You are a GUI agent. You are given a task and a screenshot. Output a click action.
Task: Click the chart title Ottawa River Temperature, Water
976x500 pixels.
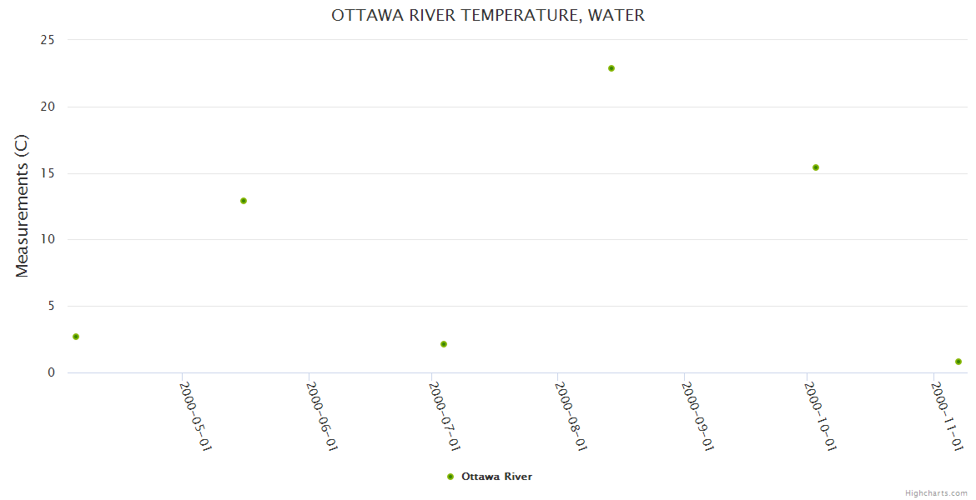click(488, 15)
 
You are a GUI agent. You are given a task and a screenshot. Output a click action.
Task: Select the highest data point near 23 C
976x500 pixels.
click(611, 68)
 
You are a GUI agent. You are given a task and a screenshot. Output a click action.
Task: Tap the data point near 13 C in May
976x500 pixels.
click(244, 201)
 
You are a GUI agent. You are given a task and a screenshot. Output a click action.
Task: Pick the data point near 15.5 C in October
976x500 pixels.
click(816, 167)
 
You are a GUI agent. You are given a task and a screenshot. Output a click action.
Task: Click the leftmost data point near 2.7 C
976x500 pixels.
click(76, 337)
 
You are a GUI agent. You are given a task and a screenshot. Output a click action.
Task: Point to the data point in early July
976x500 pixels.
click(444, 344)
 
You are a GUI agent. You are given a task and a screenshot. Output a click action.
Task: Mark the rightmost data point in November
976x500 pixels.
click(958, 362)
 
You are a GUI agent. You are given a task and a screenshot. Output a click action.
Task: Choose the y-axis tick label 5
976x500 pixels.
click(51, 307)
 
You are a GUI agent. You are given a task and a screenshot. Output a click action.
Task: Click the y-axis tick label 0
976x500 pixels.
click(51, 372)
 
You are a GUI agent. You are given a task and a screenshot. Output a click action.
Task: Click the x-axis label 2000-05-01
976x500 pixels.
click(195, 416)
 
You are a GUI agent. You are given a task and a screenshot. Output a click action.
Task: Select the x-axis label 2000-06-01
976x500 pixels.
click(321, 416)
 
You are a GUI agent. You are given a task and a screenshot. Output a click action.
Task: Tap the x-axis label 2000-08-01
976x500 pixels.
click(571, 416)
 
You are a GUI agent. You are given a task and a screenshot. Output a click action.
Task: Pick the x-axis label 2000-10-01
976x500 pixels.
click(820, 416)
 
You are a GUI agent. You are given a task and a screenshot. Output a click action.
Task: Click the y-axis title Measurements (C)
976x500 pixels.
click(23, 206)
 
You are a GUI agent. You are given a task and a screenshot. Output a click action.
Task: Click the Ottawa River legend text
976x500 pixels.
click(496, 477)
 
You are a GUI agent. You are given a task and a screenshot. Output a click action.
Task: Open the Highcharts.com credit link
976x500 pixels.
click(936, 493)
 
